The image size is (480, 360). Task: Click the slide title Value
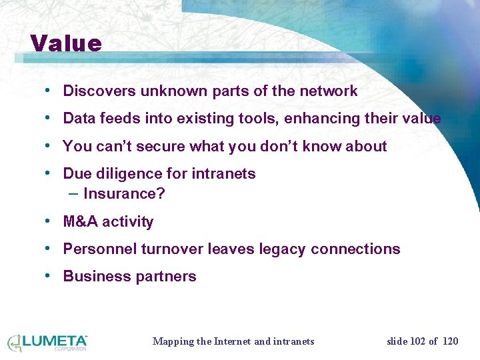66,43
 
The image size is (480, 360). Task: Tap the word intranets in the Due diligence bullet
223,174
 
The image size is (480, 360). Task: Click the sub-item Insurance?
124,194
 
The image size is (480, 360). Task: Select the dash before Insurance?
73,193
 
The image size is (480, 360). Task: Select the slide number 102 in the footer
417,341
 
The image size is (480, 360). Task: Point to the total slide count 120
451,341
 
